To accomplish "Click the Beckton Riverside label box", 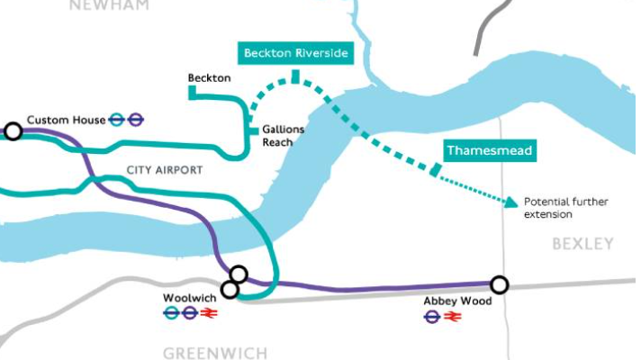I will (x=294, y=53).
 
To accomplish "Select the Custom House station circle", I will (x=14, y=131).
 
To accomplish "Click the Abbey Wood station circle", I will (x=499, y=284).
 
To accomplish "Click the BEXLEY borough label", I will (x=582, y=244).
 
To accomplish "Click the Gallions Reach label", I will (x=283, y=135).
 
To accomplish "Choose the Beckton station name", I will (x=209, y=78).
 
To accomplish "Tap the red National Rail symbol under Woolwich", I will (x=211, y=313).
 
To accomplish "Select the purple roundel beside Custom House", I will (x=136, y=120).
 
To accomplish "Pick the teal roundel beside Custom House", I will (x=116, y=120).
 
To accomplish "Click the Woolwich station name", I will (x=188, y=298).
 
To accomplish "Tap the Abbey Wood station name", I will (x=457, y=301).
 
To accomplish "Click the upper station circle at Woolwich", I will (x=239, y=274).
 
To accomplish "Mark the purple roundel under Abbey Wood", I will (x=433, y=317).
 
